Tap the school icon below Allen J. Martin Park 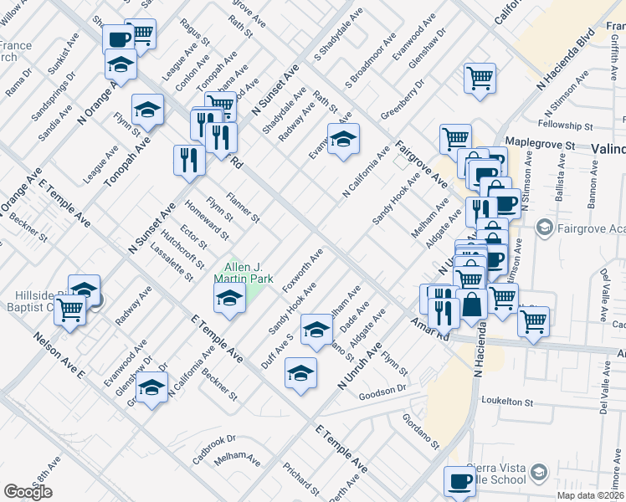click(x=228, y=298)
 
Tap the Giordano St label click(x=420, y=432)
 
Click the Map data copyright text click(x=591, y=494)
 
